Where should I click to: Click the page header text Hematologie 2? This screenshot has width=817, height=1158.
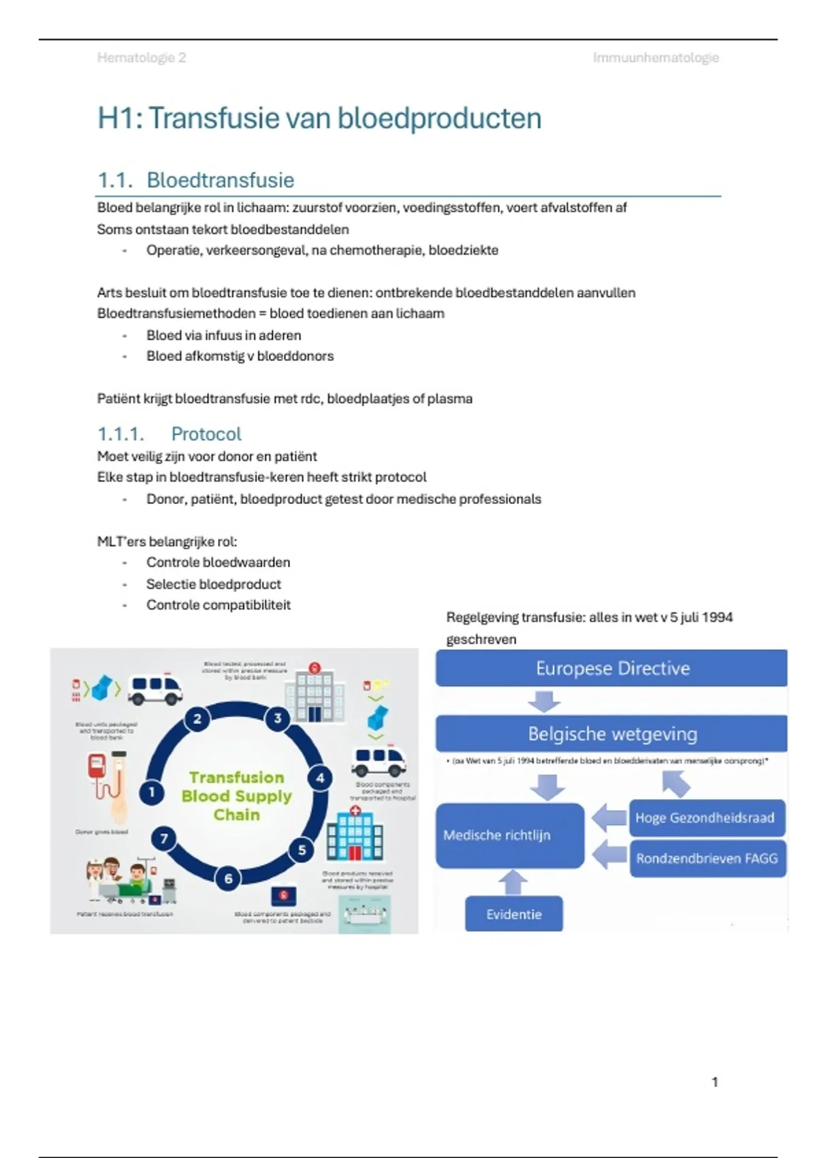141,58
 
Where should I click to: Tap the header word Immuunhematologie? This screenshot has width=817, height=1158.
655,58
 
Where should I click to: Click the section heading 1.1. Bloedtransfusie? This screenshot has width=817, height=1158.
196,180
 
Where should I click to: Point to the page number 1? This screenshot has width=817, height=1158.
714,1082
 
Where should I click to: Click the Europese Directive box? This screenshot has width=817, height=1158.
611,668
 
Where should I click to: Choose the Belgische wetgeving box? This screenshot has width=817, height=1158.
611,734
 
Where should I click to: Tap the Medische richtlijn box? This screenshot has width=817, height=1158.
509,835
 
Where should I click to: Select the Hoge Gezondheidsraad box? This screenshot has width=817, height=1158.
706,817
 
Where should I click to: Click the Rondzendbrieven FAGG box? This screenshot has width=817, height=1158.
707,858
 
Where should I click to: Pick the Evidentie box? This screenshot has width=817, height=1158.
513,914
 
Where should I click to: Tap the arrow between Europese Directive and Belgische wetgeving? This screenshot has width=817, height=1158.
544,701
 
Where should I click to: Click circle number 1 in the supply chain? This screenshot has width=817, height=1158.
152,792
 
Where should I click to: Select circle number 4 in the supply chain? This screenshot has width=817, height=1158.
320,778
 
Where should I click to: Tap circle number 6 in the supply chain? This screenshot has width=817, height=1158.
229,879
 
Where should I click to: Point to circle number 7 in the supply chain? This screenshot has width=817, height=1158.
164,839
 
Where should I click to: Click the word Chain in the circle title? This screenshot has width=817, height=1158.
236,815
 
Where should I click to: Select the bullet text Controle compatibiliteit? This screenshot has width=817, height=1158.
218,605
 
